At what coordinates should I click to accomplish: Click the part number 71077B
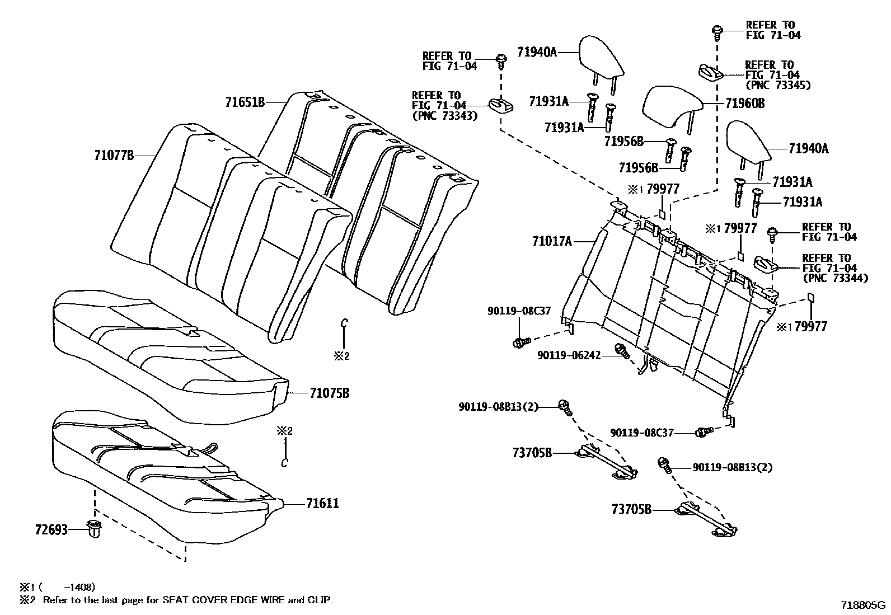(x=114, y=155)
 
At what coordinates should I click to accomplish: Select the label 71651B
(x=245, y=102)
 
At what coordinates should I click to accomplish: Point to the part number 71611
(x=322, y=504)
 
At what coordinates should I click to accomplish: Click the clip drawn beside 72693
(x=94, y=528)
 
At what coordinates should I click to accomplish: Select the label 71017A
(x=552, y=241)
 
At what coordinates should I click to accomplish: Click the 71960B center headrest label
(x=745, y=104)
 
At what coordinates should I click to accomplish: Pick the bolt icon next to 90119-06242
(x=621, y=350)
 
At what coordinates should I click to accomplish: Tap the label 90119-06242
(x=569, y=355)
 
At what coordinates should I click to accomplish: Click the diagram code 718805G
(x=863, y=605)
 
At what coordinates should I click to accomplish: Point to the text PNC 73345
(x=777, y=85)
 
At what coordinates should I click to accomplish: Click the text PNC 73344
(x=835, y=278)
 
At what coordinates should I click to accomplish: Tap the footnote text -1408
(x=79, y=587)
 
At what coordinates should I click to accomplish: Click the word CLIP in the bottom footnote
(x=318, y=600)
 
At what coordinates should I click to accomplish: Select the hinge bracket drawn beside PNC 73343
(x=502, y=105)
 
